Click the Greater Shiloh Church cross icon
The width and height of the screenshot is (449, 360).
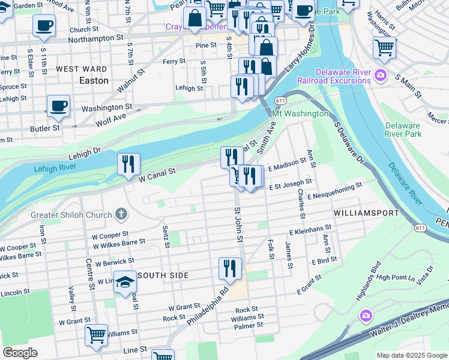coord(121,214)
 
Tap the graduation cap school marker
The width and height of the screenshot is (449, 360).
coord(125,282)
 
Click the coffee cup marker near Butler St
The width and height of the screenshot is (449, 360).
coord(58,106)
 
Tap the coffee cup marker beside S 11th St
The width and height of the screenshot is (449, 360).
coord(44,26)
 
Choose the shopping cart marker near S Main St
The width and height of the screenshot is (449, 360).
coord(384,47)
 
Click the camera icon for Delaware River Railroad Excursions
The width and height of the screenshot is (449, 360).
coord(379,76)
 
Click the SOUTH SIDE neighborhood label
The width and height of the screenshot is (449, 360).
coord(163,275)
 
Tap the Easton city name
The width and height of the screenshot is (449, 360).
coord(94,80)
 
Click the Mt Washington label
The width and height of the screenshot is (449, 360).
coord(300,113)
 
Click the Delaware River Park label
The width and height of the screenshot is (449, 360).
coord(403,130)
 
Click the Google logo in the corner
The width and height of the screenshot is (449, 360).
coord(20,353)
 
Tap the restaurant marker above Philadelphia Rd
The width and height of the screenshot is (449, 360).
coord(230,269)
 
